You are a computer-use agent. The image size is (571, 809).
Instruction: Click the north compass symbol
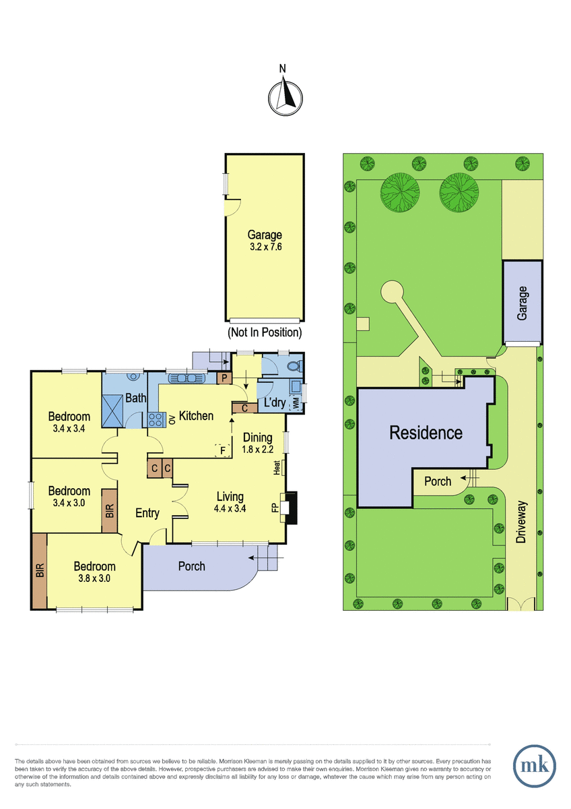pyautogui.click(x=285, y=98)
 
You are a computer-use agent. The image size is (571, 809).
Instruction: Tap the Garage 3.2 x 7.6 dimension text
pyautogui.click(x=266, y=247)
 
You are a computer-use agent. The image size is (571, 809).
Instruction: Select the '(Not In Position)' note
pyautogui.click(x=265, y=332)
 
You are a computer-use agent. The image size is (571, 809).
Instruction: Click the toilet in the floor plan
pyautogui.click(x=294, y=367)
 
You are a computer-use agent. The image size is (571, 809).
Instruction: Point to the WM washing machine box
pyautogui.click(x=296, y=403)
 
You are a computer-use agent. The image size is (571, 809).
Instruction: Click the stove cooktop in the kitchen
pyautogui.click(x=157, y=420)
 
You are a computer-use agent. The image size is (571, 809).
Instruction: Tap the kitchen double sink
pyautogui.click(x=187, y=378)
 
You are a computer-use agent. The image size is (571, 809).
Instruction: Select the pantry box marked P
pyautogui.click(x=224, y=378)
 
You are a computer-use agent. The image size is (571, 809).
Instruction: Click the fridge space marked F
pyautogui.click(x=223, y=450)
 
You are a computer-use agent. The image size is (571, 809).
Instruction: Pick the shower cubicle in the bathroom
pyautogui.click(x=112, y=411)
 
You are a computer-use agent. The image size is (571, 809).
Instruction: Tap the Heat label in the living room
pyautogui.click(x=277, y=467)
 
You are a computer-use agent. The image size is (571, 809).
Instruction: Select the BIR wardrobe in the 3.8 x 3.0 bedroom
pyautogui.click(x=39, y=571)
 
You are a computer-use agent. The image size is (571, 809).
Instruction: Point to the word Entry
pyautogui.click(x=147, y=513)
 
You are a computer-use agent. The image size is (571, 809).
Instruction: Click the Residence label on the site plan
pyautogui.click(x=426, y=433)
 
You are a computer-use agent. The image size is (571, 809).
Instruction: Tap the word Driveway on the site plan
pyautogui.click(x=521, y=522)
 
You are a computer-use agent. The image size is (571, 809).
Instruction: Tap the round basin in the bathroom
pyautogui.click(x=134, y=377)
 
